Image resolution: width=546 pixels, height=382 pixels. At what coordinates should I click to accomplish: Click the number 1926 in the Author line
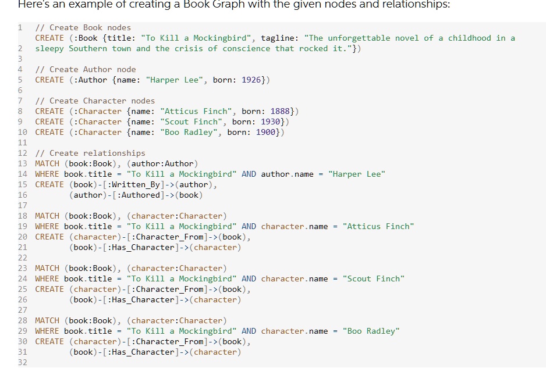pyautogui.click(x=251, y=80)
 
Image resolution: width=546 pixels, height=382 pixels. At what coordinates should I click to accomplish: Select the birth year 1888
pyautogui.click(x=280, y=111)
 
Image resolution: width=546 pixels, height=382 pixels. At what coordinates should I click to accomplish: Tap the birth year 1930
pyautogui.click(x=270, y=122)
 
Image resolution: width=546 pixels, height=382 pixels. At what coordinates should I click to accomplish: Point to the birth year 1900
pyautogui.click(x=265, y=132)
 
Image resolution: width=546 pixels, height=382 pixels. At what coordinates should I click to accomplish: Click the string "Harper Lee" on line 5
pyautogui.click(x=174, y=80)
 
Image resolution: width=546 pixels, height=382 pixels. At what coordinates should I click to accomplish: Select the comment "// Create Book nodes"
pyautogui.click(x=83, y=28)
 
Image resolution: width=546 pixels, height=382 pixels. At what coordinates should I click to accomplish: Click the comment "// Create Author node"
pyautogui.click(x=86, y=70)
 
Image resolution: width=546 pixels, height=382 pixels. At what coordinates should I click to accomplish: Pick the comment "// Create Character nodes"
pyautogui.click(x=95, y=101)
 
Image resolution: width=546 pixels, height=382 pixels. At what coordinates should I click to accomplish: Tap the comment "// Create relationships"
pyautogui.click(x=90, y=153)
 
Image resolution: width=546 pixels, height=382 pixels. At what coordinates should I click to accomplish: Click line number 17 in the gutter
pyautogui.click(x=22, y=205)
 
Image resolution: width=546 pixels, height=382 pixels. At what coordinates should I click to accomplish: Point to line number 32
pyautogui.click(x=22, y=362)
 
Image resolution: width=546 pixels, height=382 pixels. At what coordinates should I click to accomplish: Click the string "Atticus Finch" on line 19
pyautogui.click(x=378, y=227)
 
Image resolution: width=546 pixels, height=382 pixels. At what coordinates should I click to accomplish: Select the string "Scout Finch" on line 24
pyautogui.click(x=373, y=279)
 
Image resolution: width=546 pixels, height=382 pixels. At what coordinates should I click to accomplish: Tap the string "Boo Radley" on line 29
pyautogui.click(x=371, y=331)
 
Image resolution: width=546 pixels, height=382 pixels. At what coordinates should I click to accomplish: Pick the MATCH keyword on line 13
pyautogui.click(x=47, y=163)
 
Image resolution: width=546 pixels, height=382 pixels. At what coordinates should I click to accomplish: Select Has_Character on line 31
pyautogui.click(x=143, y=352)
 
